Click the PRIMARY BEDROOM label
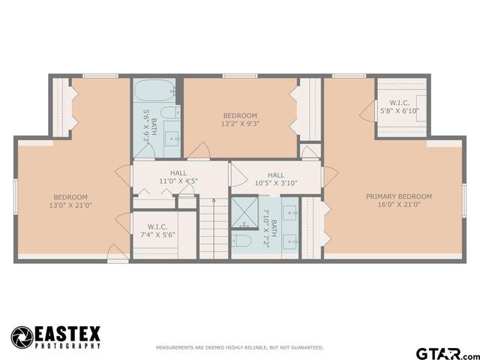coord(398,196)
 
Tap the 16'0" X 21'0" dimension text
coord(398,205)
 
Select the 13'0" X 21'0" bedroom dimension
coord(70,205)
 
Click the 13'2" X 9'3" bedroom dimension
coord(239,124)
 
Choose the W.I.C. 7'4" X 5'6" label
coord(157,230)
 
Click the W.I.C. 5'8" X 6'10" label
coord(399,107)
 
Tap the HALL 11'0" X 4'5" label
coord(178,177)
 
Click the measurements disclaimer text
coord(239,348)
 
